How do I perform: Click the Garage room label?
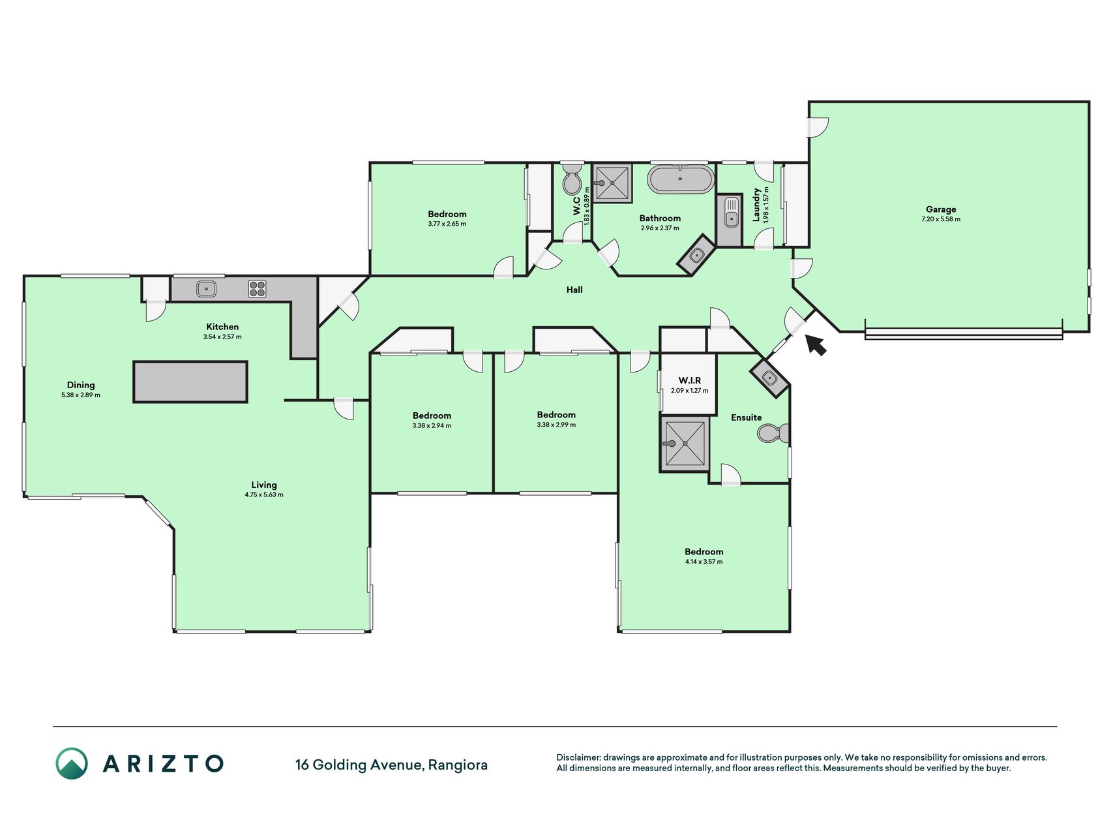pyautogui.click(x=941, y=209)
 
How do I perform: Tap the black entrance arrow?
pyautogui.click(x=816, y=344)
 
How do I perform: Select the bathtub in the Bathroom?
pyautogui.click(x=680, y=179)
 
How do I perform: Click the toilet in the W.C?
pyautogui.click(x=572, y=179)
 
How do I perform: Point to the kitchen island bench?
pyautogui.click(x=190, y=382)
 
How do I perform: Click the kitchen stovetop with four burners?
pyautogui.click(x=257, y=288)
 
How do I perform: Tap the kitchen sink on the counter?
pyautogui.click(x=206, y=288)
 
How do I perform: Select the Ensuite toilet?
pyautogui.click(x=774, y=433)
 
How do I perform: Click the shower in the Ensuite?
pyautogui.click(x=684, y=444)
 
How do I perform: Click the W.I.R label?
pyautogui.click(x=689, y=380)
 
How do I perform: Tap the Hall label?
pyautogui.click(x=574, y=290)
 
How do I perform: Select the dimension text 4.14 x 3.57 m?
pyautogui.click(x=704, y=562)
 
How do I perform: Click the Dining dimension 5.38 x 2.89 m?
pyautogui.click(x=81, y=395)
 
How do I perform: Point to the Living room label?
pyautogui.click(x=264, y=485)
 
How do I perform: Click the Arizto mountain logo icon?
pyautogui.click(x=72, y=763)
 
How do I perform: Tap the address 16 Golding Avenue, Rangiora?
pyautogui.click(x=391, y=765)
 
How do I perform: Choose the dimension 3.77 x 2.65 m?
pyautogui.click(x=447, y=224)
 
